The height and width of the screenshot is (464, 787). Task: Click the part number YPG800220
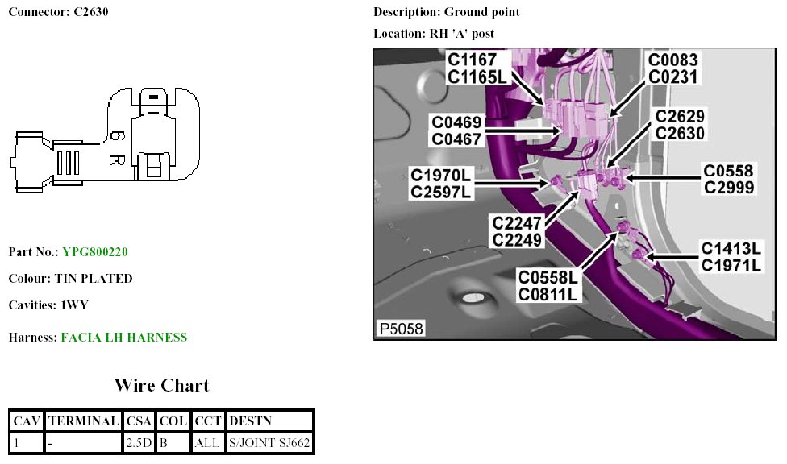(x=95, y=252)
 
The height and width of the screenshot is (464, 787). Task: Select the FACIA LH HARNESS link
(x=124, y=338)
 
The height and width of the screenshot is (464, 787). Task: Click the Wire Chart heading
(x=161, y=385)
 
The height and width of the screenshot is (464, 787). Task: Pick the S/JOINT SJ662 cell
(x=269, y=442)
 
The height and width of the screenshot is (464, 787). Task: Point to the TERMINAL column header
(x=84, y=420)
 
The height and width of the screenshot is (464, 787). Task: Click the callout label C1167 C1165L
(x=477, y=68)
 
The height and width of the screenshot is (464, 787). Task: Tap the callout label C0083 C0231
(x=673, y=68)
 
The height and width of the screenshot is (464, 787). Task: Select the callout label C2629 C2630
(x=680, y=126)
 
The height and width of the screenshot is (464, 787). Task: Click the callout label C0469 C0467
(x=456, y=130)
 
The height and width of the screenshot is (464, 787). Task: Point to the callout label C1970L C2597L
(x=440, y=183)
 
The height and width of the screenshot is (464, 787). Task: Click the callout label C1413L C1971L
(x=731, y=256)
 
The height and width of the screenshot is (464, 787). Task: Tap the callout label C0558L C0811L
(x=548, y=286)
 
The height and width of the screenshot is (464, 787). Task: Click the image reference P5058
(x=401, y=329)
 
